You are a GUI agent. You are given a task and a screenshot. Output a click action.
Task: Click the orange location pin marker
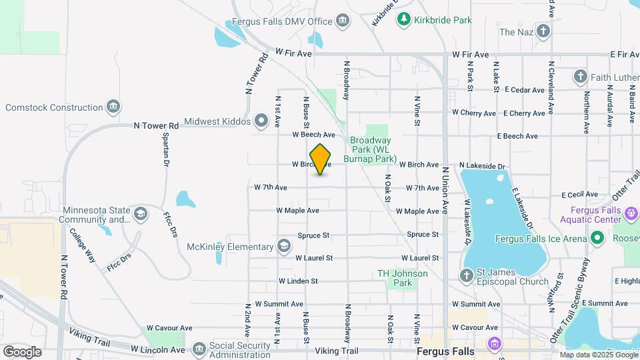(x=321, y=159)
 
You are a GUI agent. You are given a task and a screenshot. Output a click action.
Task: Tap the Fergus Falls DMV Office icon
(x=343, y=21)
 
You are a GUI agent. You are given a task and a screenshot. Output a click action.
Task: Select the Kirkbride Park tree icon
(x=403, y=20)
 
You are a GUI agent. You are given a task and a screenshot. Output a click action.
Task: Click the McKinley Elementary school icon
(x=285, y=247)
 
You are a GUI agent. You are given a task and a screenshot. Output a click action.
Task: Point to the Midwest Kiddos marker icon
(x=261, y=121)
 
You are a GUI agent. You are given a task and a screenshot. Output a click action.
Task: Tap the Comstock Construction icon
(x=113, y=107)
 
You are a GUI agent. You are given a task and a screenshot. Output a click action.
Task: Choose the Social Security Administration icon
(x=199, y=349)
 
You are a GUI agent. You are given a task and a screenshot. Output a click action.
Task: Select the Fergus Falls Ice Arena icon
(x=597, y=239)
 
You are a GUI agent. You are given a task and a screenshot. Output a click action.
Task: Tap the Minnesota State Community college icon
(x=140, y=214)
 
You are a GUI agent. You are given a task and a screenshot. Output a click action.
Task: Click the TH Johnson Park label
(x=401, y=278)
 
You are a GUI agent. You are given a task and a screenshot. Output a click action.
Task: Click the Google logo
(x=22, y=351)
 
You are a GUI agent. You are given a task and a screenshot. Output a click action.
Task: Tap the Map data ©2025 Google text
(x=597, y=355)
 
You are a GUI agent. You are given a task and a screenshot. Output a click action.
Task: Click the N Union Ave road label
(x=445, y=190)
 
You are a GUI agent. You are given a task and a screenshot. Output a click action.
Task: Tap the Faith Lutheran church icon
(x=580, y=77)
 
